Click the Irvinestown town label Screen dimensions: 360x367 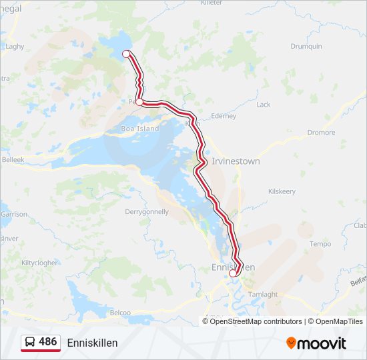236,161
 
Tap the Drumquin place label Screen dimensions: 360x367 306,46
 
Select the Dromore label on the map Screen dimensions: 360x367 321,133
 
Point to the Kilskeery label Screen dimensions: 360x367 282,191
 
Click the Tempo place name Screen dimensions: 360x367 320,244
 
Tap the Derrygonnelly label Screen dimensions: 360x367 147,212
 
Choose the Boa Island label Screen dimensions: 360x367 140,128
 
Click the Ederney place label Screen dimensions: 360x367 223,116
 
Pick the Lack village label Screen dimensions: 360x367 264,105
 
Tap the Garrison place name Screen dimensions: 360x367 14,214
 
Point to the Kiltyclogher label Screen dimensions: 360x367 39,263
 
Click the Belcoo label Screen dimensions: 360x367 120,312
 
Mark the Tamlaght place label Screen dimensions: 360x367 263,294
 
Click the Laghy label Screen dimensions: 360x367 15,47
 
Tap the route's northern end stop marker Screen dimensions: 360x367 126,53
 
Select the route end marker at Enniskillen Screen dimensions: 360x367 233,273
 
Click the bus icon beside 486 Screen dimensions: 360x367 30,342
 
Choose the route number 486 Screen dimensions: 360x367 48,342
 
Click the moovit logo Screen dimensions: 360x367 316,343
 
